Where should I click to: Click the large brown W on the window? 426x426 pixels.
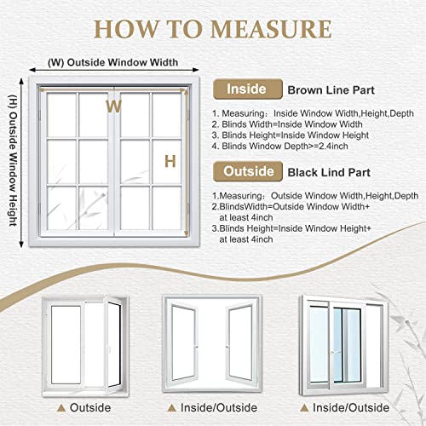tap(112, 106)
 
